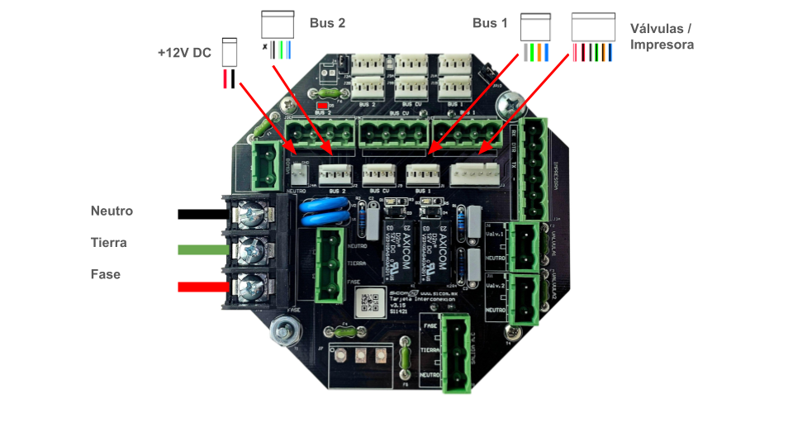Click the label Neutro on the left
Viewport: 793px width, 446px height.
112,211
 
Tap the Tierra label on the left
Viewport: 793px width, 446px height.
108,243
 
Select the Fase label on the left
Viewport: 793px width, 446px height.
106,274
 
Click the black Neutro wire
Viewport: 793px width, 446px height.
202,215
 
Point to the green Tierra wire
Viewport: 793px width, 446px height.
203,249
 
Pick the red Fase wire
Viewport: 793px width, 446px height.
203,287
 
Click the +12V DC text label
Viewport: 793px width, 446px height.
184,53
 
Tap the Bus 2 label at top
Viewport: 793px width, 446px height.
327,23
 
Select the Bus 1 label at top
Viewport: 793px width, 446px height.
490,23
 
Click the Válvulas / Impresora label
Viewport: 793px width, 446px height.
661,36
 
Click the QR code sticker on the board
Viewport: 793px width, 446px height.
371,303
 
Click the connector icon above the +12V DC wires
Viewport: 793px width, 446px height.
230,52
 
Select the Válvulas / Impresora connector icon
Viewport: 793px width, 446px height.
593,29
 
